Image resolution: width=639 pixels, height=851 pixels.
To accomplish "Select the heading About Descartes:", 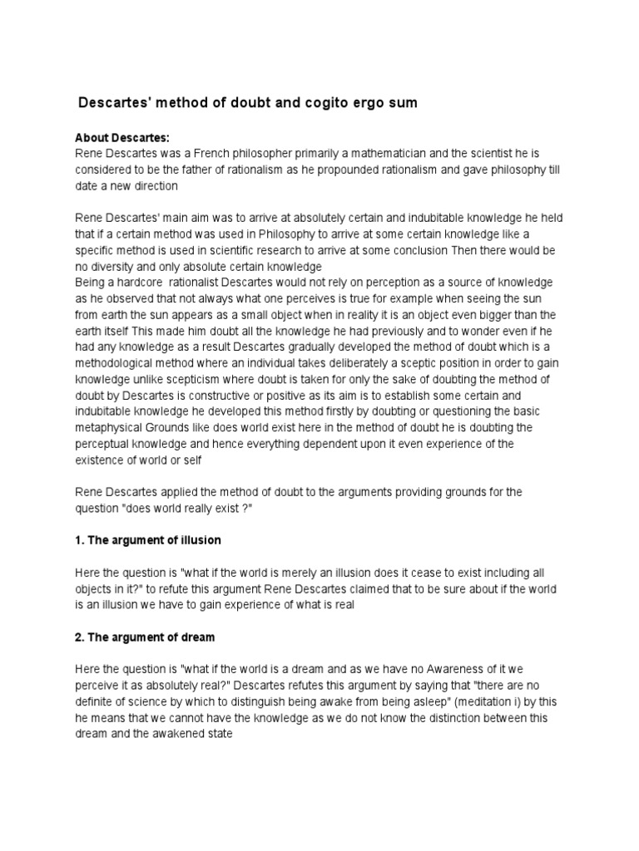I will pyautogui.click(x=122, y=138).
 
